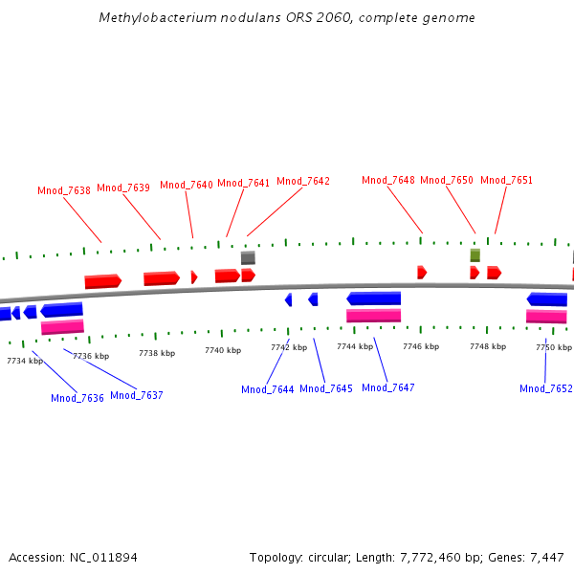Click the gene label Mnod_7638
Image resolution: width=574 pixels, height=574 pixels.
(x=64, y=190)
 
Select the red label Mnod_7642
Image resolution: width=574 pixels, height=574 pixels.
(x=303, y=181)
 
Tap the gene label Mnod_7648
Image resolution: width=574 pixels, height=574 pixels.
(x=388, y=180)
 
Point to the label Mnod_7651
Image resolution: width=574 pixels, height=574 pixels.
(x=506, y=180)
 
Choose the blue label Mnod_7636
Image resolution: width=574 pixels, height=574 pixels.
(x=77, y=398)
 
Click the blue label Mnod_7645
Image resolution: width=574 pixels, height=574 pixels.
(x=326, y=388)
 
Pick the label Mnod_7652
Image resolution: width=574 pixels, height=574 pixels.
(x=546, y=388)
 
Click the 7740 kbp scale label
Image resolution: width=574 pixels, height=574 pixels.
(x=223, y=351)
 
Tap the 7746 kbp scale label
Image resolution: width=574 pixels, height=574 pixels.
(x=421, y=346)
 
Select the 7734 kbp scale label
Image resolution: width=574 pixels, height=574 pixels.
(x=25, y=361)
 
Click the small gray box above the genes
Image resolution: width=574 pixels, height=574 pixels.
(x=248, y=257)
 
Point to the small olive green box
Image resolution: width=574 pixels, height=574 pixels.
(x=475, y=255)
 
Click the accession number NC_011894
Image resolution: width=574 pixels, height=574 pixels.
(x=102, y=557)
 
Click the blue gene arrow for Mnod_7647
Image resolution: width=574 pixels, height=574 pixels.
(x=373, y=298)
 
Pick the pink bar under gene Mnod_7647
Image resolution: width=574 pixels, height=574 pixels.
(x=373, y=315)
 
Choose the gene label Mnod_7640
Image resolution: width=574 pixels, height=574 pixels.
(x=187, y=185)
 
